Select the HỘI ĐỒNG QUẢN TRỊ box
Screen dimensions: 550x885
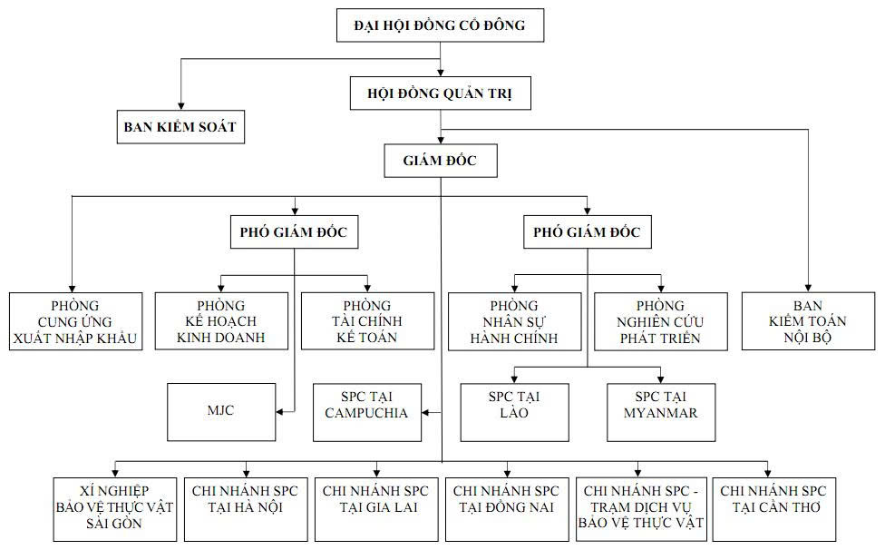pyautogui.click(x=440, y=93)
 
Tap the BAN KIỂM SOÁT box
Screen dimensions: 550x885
pyautogui.click(x=180, y=127)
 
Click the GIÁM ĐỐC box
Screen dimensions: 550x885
pyautogui.click(x=440, y=162)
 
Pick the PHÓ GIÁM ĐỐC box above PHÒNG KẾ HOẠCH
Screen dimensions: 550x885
pyautogui.click(x=294, y=232)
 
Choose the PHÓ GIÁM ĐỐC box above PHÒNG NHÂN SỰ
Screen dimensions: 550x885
pyautogui.click(x=587, y=232)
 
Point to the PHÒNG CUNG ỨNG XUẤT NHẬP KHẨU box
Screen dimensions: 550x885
pyautogui.click(x=75, y=321)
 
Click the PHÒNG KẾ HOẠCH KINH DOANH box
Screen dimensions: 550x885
pyautogui.click(x=221, y=321)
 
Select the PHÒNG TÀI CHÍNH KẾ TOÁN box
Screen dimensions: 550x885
pyautogui.click(x=367, y=321)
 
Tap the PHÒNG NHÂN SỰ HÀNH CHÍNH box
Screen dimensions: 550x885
pyautogui.click(x=514, y=321)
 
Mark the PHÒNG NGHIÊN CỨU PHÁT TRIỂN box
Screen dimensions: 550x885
pyautogui.click(x=660, y=321)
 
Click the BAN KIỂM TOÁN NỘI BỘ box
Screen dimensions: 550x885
pyautogui.click(x=809, y=321)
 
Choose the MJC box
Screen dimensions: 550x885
pyautogui.click(x=221, y=412)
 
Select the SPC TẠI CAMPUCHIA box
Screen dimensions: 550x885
pyautogui.click(x=367, y=412)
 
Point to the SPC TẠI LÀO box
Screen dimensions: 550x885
pyautogui.click(x=514, y=412)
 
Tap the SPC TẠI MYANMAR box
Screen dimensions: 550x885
pyautogui.click(x=660, y=412)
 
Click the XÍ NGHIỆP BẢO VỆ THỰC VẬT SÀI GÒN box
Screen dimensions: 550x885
pyautogui.click(x=113, y=507)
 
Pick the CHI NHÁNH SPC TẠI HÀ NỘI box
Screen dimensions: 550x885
pyautogui.click(x=245, y=507)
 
